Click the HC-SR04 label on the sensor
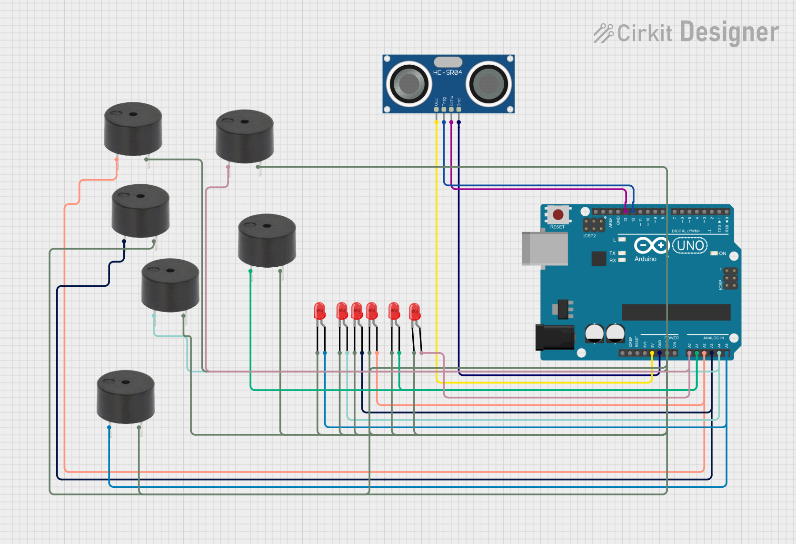[x=447, y=72]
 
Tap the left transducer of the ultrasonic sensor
[x=408, y=84]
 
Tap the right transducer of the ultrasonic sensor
[x=488, y=84]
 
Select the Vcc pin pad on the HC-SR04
[x=436, y=110]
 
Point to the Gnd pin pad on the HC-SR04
[x=458, y=110]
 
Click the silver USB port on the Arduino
[x=545, y=248]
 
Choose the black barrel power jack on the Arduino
[x=555, y=337]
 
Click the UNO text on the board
[x=690, y=246]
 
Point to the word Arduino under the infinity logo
[x=645, y=259]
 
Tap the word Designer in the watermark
[x=729, y=32]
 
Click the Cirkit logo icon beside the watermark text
[x=604, y=33]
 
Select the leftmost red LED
[x=319, y=311]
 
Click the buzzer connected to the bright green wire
[x=267, y=240]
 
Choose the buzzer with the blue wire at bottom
[x=126, y=396]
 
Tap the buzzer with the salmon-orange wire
[x=133, y=129]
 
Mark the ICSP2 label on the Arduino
[x=589, y=236]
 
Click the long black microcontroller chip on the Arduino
[x=676, y=312]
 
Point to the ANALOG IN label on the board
[x=713, y=338]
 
